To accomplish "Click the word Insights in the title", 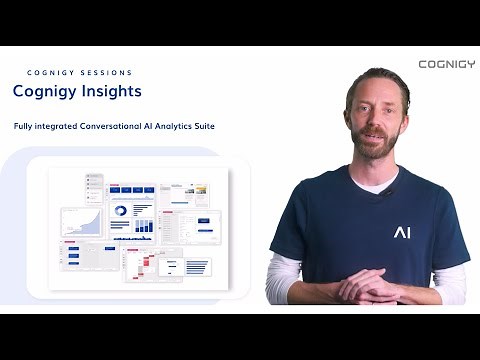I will click(x=110, y=91).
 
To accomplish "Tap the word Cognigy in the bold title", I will click(x=44, y=91).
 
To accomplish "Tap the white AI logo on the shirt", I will click(x=401, y=232).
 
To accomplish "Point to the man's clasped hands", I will click(x=370, y=288).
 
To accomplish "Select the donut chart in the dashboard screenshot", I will click(x=120, y=212).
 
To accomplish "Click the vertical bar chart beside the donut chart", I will click(x=144, y=212).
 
